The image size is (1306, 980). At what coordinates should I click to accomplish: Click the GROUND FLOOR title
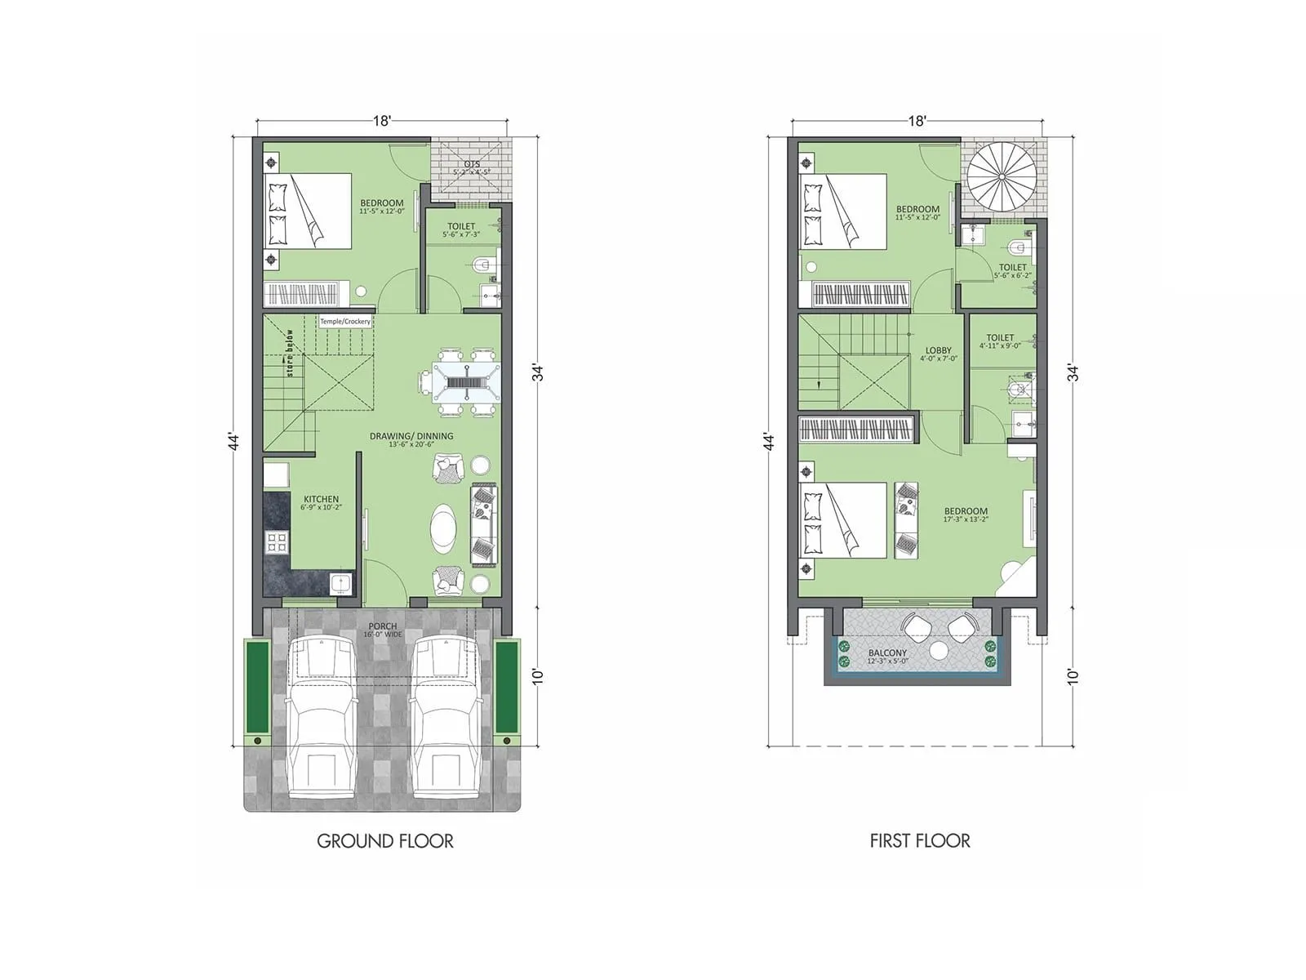(x=384, y=840)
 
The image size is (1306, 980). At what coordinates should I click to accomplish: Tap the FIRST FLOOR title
(x=920, y=840)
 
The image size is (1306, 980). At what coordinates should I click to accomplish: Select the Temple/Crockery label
(x=345, y=322)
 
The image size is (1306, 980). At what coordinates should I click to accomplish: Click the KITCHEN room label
(x=321, y=499)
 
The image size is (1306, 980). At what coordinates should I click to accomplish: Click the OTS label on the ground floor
(x=471, y=164)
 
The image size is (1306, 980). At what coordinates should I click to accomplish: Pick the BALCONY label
(x=887, y=653)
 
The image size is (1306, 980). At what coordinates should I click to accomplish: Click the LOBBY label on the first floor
(x=938, y=350)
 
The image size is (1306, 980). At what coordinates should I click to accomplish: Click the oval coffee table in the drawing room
(x=445, y=528)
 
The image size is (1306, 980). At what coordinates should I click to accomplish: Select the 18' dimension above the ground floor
(x=382, y=121)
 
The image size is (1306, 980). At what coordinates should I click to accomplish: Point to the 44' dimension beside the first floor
(x=768, y=442)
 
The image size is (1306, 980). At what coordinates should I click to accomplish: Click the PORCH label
(x=382, y=626)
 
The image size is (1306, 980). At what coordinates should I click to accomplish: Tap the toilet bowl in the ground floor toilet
(x=482, y=264)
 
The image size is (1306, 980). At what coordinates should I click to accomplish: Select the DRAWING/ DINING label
(x=411, y=436)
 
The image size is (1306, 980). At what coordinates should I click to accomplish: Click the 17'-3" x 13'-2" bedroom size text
(x=966, y=519)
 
